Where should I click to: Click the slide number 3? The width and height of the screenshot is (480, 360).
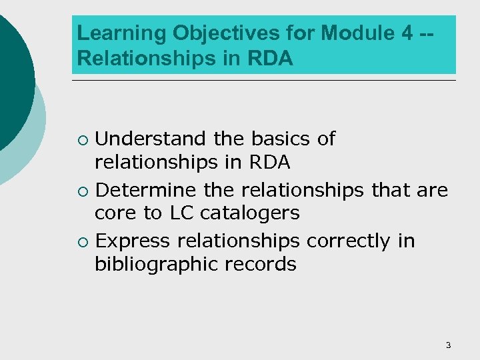(448, 345)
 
